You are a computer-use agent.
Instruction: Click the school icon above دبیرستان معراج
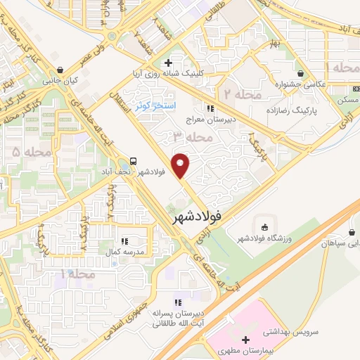pos(210,108)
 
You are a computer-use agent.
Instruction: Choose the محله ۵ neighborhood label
pos(33,152)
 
